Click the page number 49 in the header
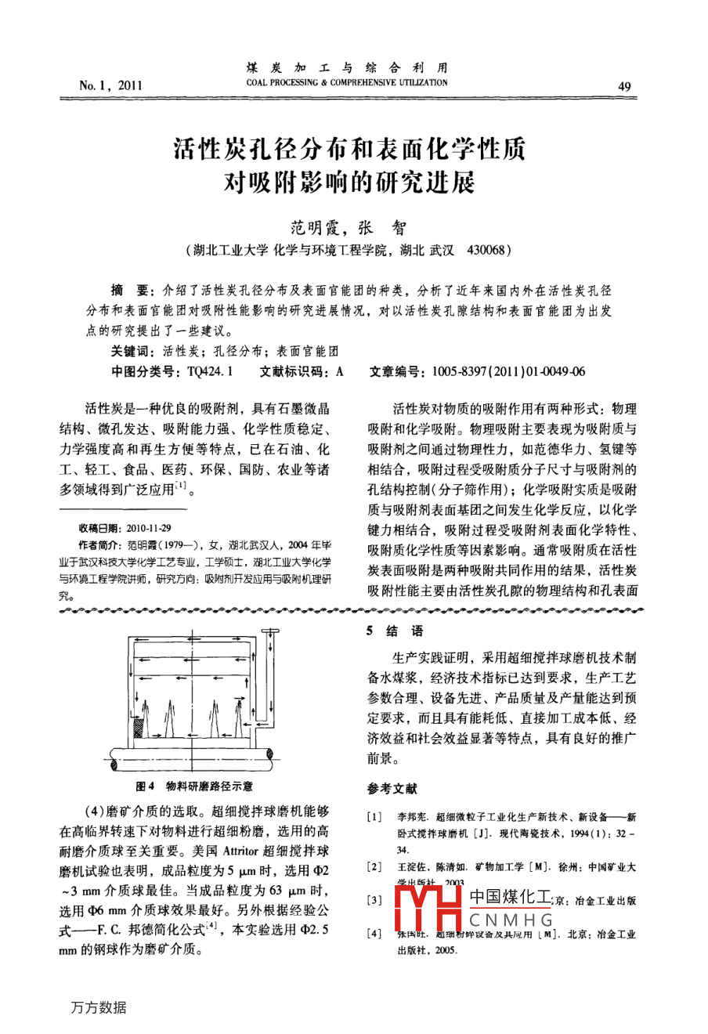pos(624,86)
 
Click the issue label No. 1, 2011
pos(110,85)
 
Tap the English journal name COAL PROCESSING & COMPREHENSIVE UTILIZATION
pos(347,82)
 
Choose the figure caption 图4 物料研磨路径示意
pos(194,786)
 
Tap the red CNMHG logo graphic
pos(428,910)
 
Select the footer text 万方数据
pos(98,1007)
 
